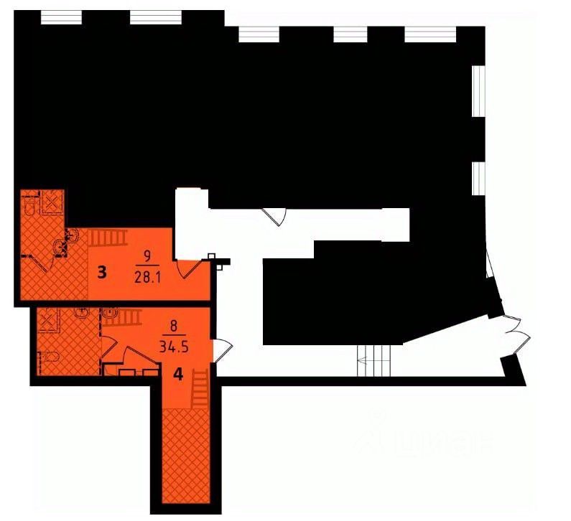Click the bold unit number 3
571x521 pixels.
point(103,272)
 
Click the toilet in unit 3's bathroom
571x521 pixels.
point(29,207)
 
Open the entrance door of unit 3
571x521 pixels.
point(188,269)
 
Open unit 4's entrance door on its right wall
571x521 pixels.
point(223,352)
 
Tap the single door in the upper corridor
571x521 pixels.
point(275,216)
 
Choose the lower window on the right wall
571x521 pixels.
point(476,178)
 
